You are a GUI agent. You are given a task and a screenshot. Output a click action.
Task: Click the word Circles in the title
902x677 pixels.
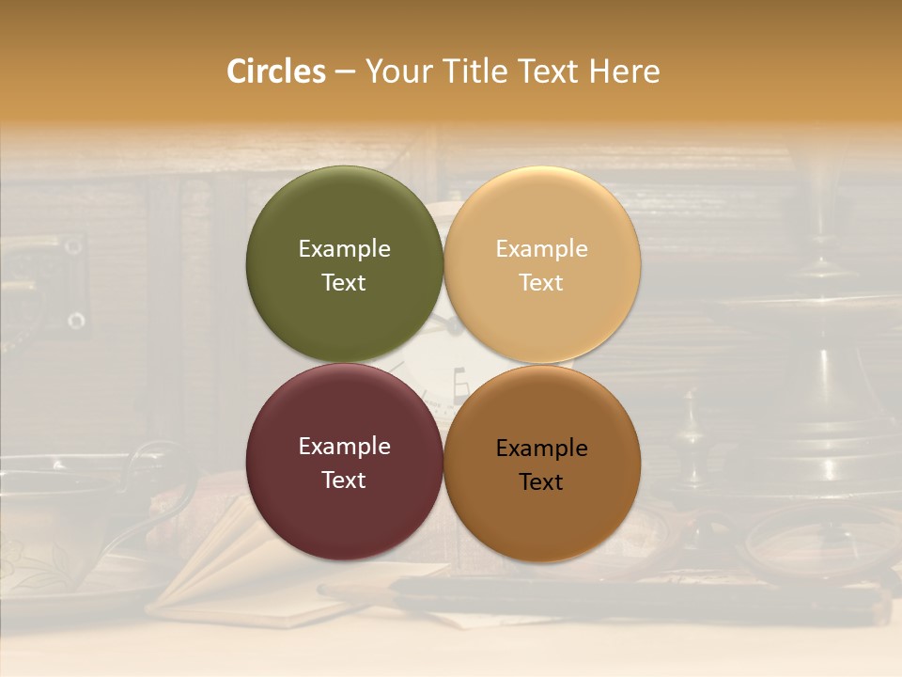point(276,71)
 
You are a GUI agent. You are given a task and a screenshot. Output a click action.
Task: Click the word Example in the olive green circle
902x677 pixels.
point(344,248)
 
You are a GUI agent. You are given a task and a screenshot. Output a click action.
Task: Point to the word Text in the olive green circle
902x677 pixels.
point(344,282)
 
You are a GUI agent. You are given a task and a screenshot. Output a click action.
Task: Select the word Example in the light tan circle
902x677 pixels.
point(542,248)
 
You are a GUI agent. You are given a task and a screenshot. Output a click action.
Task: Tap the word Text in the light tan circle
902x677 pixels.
point(542,282)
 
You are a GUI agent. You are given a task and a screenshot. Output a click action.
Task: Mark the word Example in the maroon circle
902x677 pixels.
point(344,446)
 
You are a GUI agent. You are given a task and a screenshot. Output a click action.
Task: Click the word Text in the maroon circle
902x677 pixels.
point(344,480)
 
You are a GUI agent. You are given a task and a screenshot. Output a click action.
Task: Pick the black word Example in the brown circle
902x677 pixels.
point(542,448)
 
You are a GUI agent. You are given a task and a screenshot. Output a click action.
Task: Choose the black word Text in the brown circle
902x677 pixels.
point(542,481)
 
